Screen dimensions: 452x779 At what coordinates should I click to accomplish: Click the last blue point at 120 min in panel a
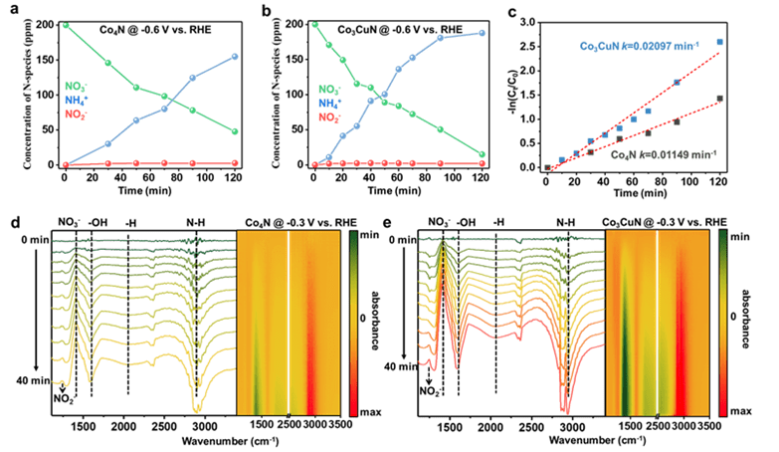[234, 57]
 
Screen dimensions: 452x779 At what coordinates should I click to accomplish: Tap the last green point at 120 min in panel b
[482, 154]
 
